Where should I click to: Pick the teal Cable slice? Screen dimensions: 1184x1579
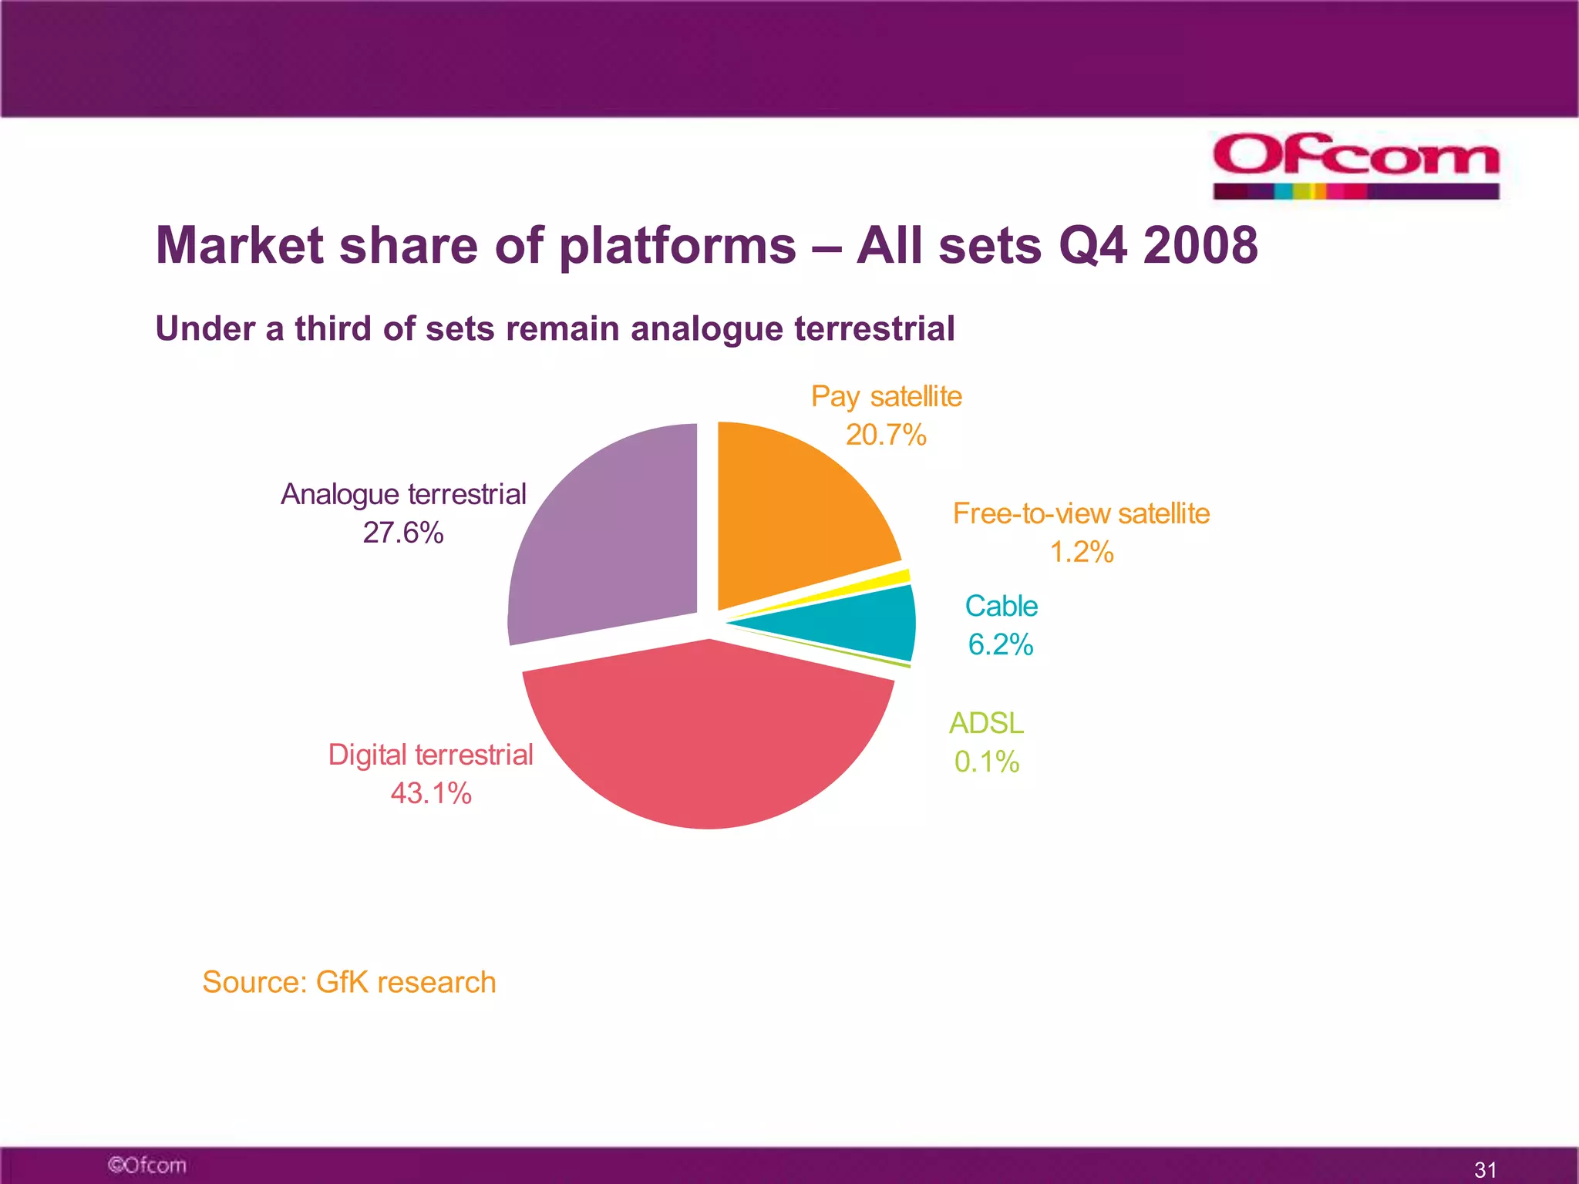click(864, 624)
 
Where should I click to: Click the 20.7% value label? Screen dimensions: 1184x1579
click(885, 435)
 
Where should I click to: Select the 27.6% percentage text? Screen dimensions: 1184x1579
click(402, 533)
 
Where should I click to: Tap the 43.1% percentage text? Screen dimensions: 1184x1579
click(430, 793)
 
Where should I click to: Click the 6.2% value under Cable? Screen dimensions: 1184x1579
click(1000, 644)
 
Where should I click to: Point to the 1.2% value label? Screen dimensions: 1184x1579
click(1081, 552)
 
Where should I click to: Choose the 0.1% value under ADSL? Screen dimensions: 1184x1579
click(986, 762)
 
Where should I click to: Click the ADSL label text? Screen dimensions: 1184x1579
click(986, 723)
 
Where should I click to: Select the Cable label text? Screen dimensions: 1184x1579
click(1001, 606)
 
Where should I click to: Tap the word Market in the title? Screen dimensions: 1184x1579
click(240, 246)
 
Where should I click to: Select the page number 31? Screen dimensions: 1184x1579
click(1485, 1169)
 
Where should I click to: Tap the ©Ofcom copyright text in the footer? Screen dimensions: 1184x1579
click(146, 1165)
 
